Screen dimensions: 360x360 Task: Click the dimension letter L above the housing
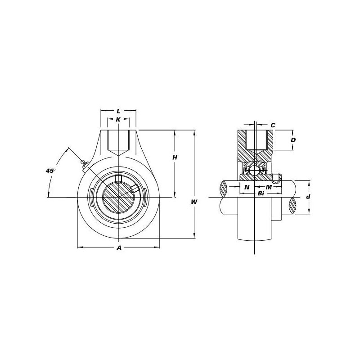click(x=118, y=111)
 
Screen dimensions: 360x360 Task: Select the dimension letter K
click(x=118, y=119)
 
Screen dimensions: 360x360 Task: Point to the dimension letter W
click(x=194, y=202)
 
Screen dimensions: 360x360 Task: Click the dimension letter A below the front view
click(x=119, y=247)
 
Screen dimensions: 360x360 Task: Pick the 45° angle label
click(x=51, y=171)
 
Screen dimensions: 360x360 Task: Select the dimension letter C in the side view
click(x=273, y=125)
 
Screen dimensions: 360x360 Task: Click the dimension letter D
click(x=293, y=140)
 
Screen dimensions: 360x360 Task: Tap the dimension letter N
click(x=246, y=187)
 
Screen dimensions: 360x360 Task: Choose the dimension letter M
click(x=268, y=187)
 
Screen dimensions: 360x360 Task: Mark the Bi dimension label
click(x=261, y=193)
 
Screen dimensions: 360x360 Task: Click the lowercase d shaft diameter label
click(x=308, y=197)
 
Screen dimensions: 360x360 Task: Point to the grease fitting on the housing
click(x=84, y=164)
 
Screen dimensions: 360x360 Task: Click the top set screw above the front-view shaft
click(x=119, y=179)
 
